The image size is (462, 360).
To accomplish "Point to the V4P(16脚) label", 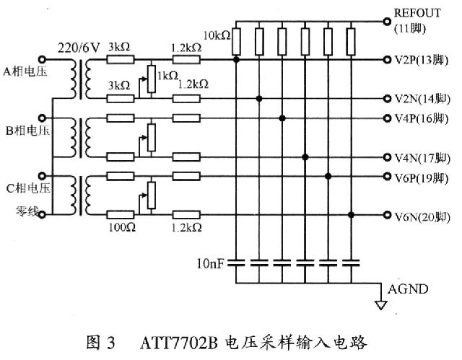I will click(x=422, y=118).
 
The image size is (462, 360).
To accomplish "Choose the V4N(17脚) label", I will click(x=422, y=157).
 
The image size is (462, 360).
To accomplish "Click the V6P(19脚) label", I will click(x=422, y=176).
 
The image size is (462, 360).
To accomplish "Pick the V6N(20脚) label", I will click(x=422, y=215).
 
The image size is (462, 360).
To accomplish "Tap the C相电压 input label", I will click(x=27, y=189).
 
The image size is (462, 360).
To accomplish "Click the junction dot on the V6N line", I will click(x=352, y=214).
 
